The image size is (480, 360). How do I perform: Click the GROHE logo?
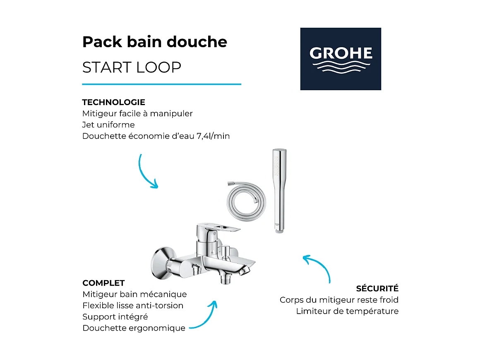pyautogui.click(x=341, y=59)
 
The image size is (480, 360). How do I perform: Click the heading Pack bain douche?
pyautogui.click(x=155, y=42)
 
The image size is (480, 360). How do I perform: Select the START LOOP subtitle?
pyautogui.click(x=132, y=67)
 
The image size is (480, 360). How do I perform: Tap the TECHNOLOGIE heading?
pyautogui.click(x=113, y=102)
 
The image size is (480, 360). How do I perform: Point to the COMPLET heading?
pyautogui.click(x=103, y=283)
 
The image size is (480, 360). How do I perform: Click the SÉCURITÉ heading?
pyautogui.click(x=377, y=288)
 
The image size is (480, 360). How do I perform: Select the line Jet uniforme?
pyautogui.click(x=108, y=125)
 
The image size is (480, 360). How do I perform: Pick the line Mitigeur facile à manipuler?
pyautogui.click(x=137, y=113)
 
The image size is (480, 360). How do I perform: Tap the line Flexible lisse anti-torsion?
pyautogui.click(x=133, y=305)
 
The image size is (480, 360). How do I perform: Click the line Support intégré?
pyautogui.click(x=115, y=317)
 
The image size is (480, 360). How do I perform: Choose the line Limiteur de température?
pyautogui.click(x=347, y=311)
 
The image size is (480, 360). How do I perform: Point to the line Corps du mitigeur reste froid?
pyautogui.click(x=339, y=300)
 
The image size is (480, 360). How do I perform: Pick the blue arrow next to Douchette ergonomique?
pyautogui.click(x=204, y=316)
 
